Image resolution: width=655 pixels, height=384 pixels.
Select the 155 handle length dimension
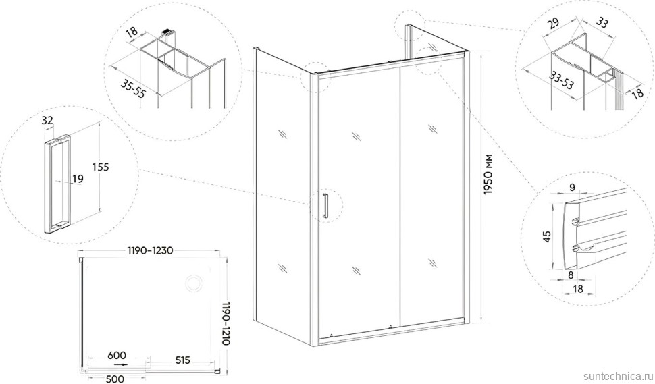(x=100, y=167)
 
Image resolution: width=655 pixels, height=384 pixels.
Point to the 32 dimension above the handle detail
(x=48, y=121)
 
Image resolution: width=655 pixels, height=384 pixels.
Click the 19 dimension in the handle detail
(x=78, y=179)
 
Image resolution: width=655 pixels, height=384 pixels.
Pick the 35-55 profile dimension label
(x=133, y=88)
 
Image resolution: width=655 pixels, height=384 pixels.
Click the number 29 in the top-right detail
(x=554, y=23)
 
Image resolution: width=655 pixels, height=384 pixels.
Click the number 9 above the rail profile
(x=572, y=188)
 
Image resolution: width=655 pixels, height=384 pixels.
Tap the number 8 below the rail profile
(x=571, y=275)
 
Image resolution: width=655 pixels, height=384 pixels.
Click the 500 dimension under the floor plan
(x=115, y=379)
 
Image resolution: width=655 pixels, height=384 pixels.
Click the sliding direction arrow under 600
(x=121, y=364)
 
